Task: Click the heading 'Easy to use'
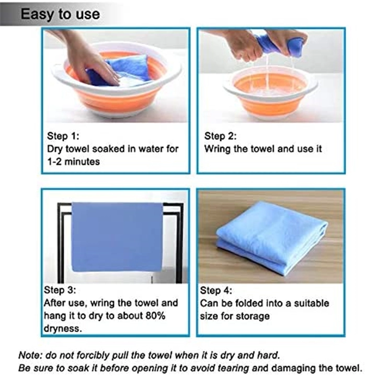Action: (x=60, y=15)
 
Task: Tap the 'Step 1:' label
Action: (x=63, y=136)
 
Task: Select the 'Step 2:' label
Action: (x=220, y=136)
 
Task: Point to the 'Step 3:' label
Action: (x=60, y=290)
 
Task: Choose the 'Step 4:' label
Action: (x=216, y=290)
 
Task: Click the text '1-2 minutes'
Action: (x=73, y=162)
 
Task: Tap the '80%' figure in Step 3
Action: (x=155, y=315)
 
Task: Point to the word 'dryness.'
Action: (x=63, y=328)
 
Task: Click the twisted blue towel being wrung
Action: (x=278, y=45)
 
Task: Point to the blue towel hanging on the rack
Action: (x=117, y=237)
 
